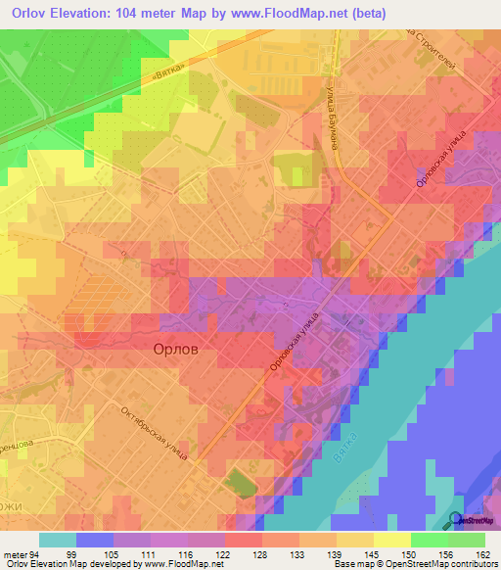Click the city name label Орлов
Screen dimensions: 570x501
(176, 349)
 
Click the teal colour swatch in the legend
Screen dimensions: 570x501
(58, 540)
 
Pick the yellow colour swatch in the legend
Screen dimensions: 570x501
(391, 540)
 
